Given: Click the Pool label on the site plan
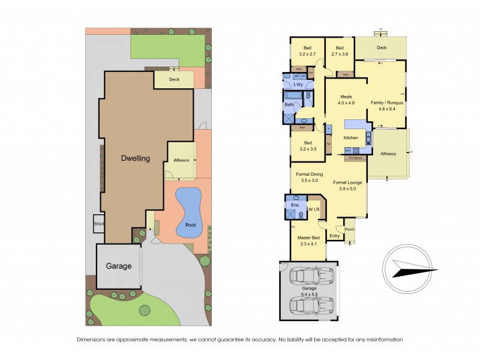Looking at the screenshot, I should point(191,226).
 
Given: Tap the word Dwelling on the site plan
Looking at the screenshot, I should point(134,158).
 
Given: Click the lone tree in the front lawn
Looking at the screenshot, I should point(145,310).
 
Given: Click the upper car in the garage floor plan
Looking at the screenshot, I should point(311,275).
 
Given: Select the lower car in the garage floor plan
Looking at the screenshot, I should point(311,306).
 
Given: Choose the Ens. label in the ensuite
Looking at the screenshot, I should point(295,206).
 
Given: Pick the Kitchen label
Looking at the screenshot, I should point(350,138).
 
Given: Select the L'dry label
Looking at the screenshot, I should point(298,85).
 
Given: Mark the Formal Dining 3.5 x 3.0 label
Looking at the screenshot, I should point(310,178).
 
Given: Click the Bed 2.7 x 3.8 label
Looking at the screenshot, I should point(340,51).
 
